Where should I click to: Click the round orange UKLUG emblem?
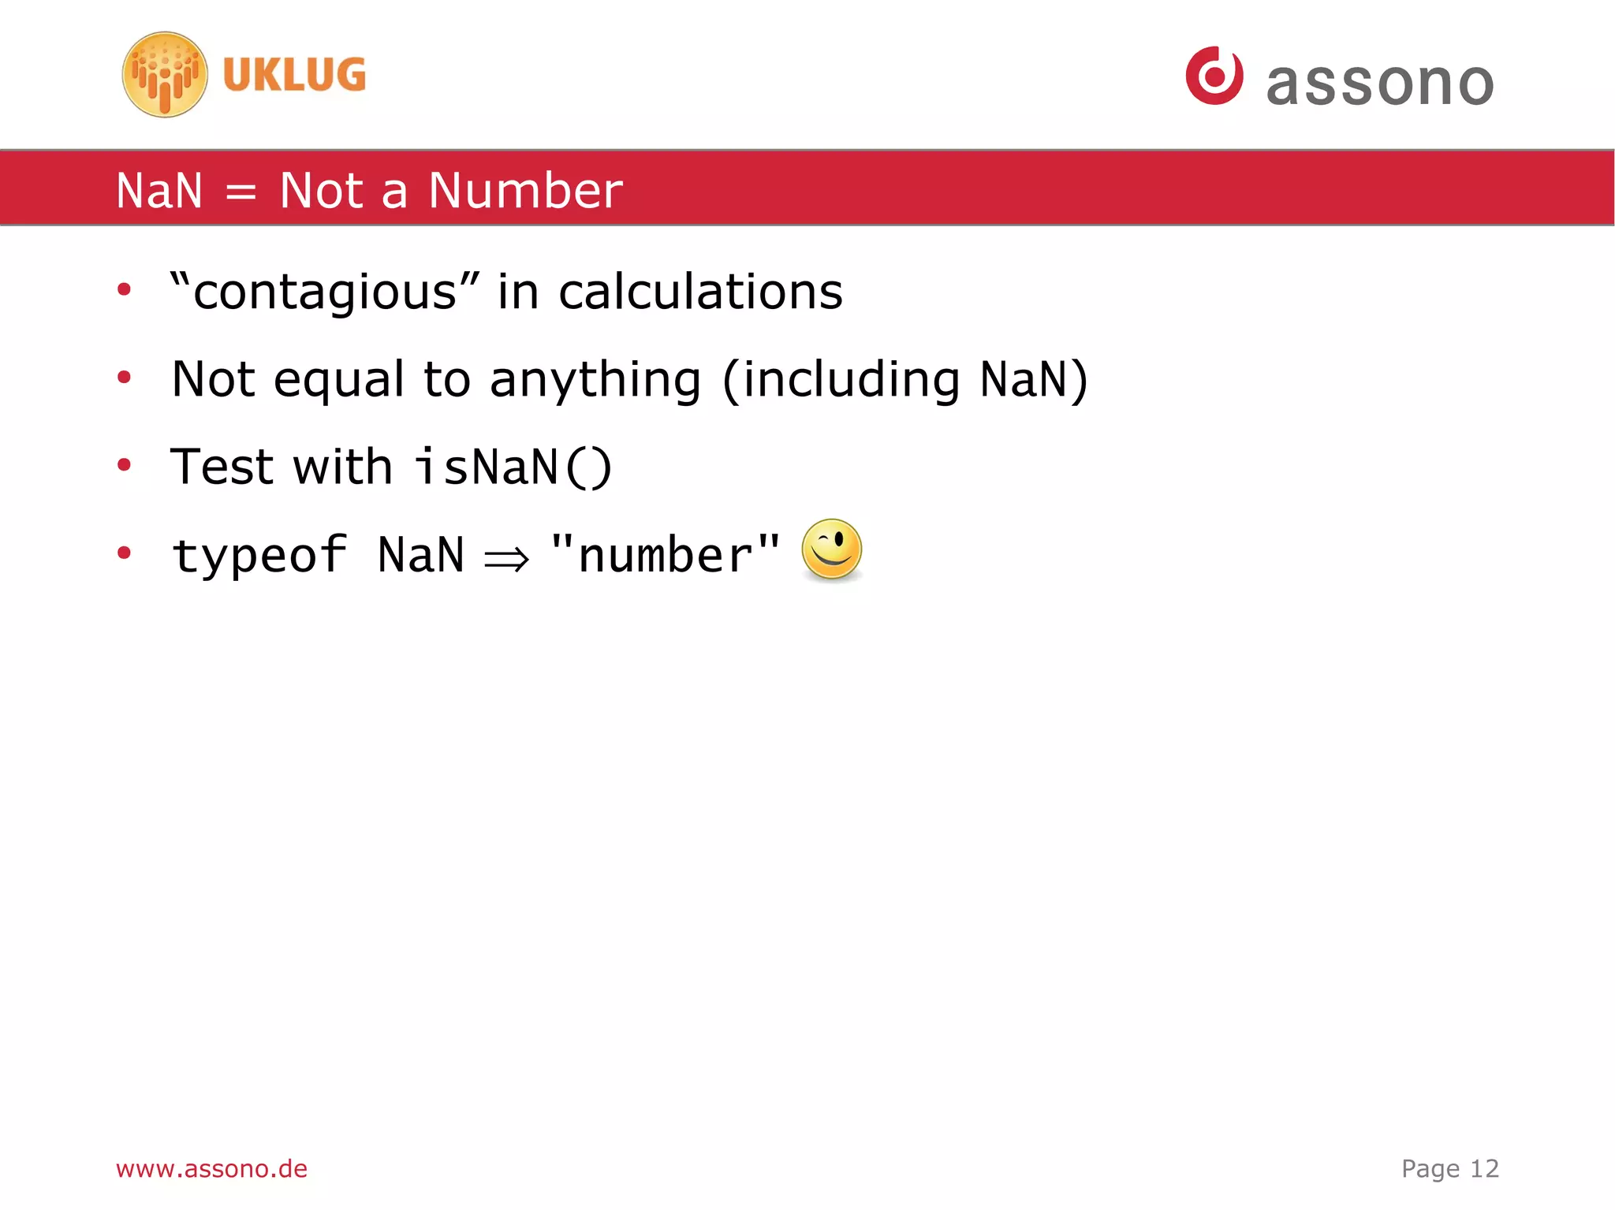point(165,75)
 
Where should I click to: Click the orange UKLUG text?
point(294,75)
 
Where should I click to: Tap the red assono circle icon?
point(1214,76)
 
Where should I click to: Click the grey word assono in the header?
point(1380,83)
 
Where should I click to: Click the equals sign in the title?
point(241,192)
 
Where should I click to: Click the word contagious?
point(325,292)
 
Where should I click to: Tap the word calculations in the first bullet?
point(700,292)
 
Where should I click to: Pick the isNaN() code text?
point(513,467)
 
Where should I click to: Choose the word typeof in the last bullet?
point(259,554)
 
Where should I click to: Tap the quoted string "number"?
point(665,554)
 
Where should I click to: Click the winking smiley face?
point(831,549)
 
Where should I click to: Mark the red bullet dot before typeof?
point(124,553)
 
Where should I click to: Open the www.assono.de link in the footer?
point(211,1168)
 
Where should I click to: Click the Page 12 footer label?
point(1449,1168)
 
